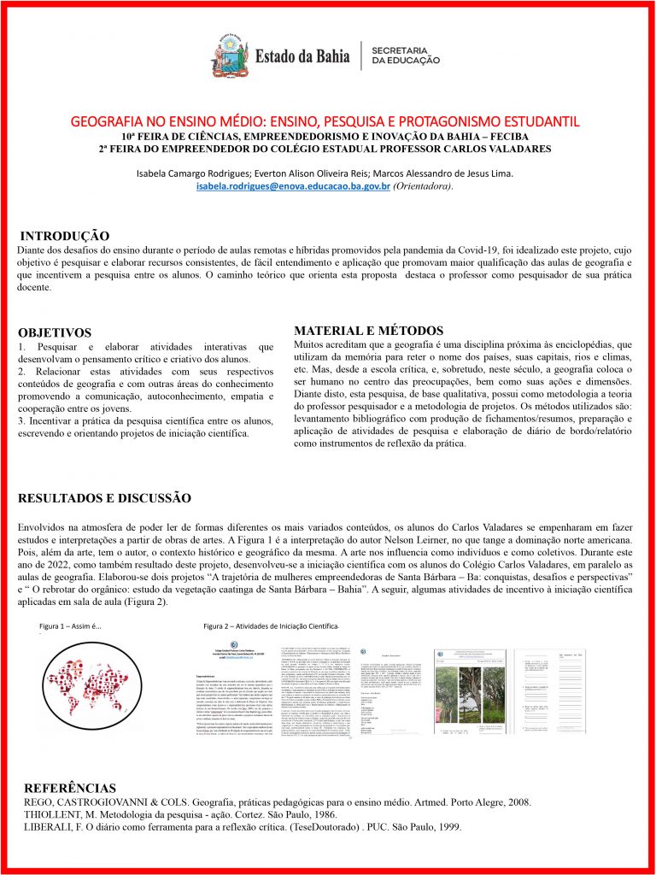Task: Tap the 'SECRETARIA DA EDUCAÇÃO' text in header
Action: pyautogui.click(x=406, y=55)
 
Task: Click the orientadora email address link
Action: pyautogui.click(x=293, y=185)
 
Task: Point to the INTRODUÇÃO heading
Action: pyautogui.click(x=64, y=235)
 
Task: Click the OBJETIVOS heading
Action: pyautogui.click(x=54, y=332)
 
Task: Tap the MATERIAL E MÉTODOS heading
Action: pyautogui.click(x=368, y=331)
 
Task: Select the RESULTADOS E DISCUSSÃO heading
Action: pyautogui.click(x=104, y=497)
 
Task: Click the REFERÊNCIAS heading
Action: pyautogui.click(x=70, y=787)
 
